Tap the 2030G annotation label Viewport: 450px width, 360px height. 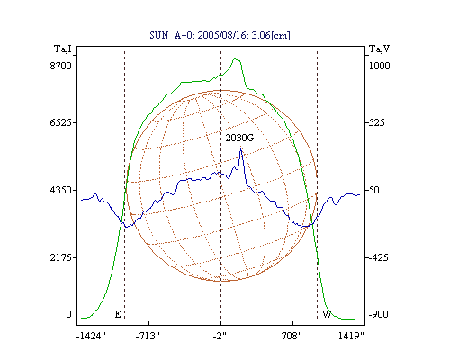coord(239,138)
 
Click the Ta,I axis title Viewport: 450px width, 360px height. coord(63,49)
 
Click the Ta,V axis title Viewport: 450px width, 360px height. coord(379,49)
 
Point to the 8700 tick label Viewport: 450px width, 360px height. coord(61,66)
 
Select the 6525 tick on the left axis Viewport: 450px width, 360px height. coord(61,122)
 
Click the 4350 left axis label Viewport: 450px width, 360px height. coord(61,190)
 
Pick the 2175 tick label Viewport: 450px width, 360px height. coord(61,257)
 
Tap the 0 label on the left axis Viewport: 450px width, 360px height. coord(68,314)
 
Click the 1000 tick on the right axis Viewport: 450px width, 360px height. coord(380,66)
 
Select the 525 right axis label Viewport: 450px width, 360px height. coord(376,122)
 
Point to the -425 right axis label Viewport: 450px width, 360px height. coord(378,257)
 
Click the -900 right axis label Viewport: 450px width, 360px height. coord(378,314)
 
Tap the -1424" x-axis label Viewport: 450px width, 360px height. coord(91,336)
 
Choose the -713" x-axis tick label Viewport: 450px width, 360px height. coord(148,336)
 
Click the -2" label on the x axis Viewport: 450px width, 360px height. coord(220,336)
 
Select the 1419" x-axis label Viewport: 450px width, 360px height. coord(351,336)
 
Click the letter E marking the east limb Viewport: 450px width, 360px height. coord(118,314)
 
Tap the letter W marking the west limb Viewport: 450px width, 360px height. coord(327,314)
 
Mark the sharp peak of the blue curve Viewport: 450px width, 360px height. coord(240,149)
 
